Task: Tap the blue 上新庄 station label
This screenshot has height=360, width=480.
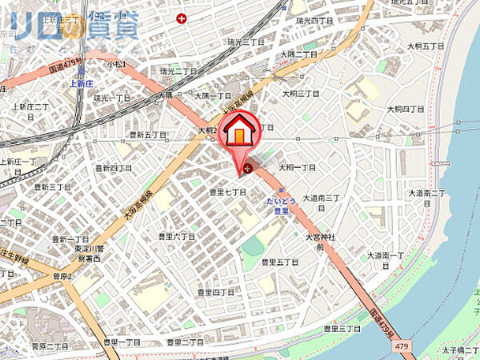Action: pos(82,81)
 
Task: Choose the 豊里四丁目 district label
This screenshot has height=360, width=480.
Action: pos(217,292)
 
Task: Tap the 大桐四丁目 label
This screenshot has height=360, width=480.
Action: pos(404,109)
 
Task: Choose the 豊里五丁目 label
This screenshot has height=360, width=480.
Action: pos(279,262)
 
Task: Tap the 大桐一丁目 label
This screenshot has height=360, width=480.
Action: pos(297,168)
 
